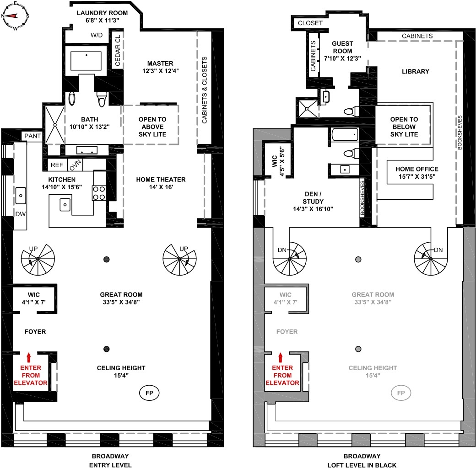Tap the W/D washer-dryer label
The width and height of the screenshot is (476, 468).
pyautogui.click(x=96, y=35)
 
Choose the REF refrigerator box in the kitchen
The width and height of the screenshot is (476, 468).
pyautogui.click(x=57, y=165)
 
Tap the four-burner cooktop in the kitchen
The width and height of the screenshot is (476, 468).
pyautogui.click(x=99, y=193)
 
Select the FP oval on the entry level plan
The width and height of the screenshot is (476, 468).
pyautogui.click(x=149, y=393)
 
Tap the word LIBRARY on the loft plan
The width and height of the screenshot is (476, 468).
pyautogui.click(x=415, y=71)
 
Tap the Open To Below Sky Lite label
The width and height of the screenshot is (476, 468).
pyautogui.click(x=403, y=127)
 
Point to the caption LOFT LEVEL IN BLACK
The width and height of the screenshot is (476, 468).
pyautogui.click(x=362, y=465)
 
